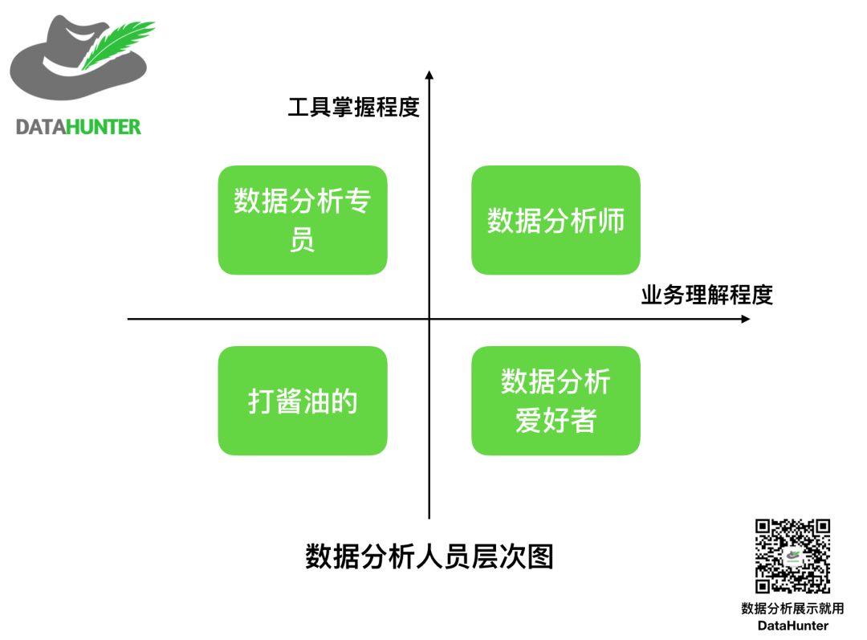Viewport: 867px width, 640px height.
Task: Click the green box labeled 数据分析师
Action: (556, 220)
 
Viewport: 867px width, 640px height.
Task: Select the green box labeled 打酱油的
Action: (303, 401)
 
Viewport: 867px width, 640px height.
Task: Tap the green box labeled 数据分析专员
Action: (303, 220)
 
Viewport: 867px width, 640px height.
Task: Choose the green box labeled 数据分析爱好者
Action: (556, 401)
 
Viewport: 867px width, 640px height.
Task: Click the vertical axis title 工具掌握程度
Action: (354, 107)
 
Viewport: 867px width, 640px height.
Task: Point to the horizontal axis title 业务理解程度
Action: (706, 295)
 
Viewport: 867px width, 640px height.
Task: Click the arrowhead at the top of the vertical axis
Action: (429, 75)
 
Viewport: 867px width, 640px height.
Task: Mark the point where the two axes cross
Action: (429, 319)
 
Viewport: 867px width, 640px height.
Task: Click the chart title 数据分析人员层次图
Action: (429, 556)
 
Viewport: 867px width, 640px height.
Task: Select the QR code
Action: (792, 556)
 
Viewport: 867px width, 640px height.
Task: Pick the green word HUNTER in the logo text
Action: (102, 127)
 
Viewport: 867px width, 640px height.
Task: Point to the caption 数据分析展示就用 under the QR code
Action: (792, 609)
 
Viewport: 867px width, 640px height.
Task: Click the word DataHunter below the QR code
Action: (792, 625)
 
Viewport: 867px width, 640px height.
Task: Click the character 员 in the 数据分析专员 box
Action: (303, 240)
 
